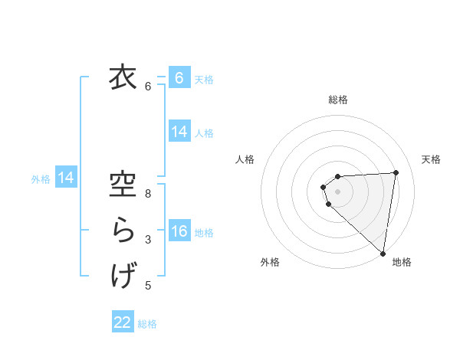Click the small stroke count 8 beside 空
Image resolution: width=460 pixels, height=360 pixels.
click(148, 194)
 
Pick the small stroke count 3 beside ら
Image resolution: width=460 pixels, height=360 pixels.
click(148, 240)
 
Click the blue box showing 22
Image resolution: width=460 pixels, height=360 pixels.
click(123, 322)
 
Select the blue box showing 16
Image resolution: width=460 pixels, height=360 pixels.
click(179, 231)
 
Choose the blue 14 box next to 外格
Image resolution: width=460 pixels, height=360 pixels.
click(67, 178)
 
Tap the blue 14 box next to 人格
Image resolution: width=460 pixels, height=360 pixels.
click(179, 132)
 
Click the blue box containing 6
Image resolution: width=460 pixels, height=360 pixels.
click(179, 78)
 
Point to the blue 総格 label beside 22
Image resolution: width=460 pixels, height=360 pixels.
click(147, 324)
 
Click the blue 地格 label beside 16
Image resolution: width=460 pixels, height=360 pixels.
click(204, 233)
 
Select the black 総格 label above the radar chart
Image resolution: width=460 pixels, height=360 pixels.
click(338, 100)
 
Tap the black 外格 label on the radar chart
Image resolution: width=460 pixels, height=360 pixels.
click(270, 262)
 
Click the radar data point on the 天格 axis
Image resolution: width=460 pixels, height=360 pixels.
click(396, 172)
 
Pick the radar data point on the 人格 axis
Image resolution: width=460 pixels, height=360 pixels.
click(324, 187)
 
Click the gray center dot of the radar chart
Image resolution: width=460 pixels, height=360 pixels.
click(338, 191)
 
